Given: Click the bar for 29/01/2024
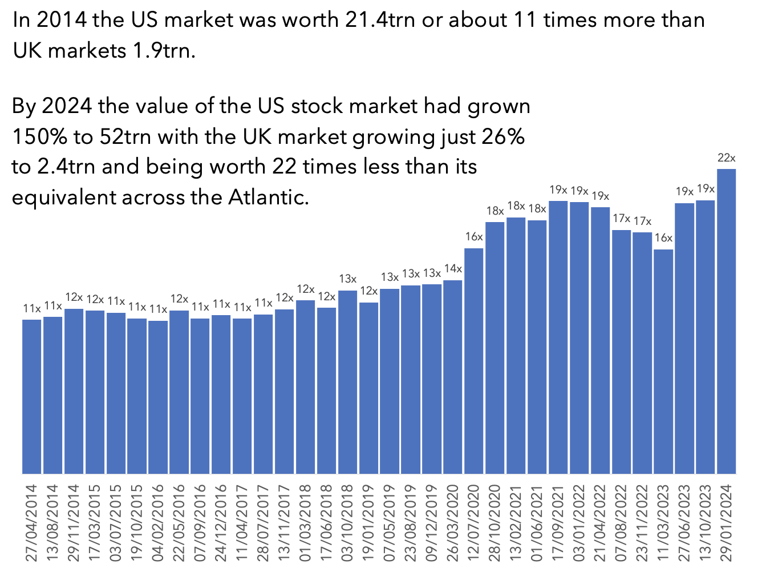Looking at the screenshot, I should coord(726,321).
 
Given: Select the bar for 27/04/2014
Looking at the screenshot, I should coord(32,396).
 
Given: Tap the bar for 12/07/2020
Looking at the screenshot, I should coord(474,361).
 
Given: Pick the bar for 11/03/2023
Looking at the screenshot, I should coord(663,361).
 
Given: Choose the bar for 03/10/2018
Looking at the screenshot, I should coord(347,382).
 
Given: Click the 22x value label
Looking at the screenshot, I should coord(726,158).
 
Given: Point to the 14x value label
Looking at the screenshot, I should coord(453,269).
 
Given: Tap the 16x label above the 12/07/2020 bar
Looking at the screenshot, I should coord(474,237).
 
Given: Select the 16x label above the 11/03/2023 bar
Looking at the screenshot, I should coord(663,238).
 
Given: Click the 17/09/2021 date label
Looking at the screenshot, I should coord(558,523).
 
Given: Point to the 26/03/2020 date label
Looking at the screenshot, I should coord(453,523).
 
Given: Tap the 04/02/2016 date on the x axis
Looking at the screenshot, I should coord(158,523).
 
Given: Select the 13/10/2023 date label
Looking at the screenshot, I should coord(706,523).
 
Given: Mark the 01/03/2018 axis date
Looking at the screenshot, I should coord(305,523).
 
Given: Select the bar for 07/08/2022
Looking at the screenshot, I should coord(621,352).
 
